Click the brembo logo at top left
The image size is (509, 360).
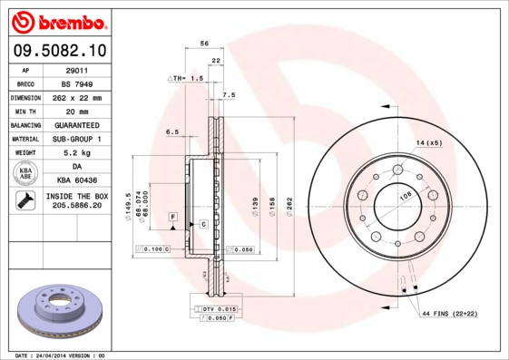56,21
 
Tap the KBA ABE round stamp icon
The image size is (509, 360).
26,173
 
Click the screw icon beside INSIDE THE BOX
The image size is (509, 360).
25,201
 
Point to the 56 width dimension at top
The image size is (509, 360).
204,44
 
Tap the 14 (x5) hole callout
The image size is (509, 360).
428,143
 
